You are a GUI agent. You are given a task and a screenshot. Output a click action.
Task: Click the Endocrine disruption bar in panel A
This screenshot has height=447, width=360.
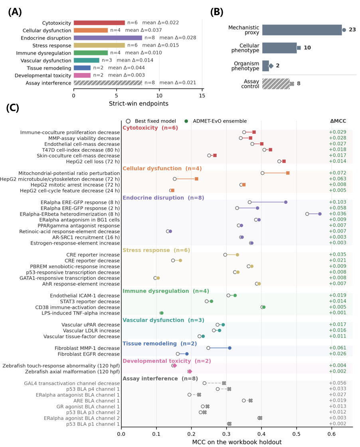[108, 38]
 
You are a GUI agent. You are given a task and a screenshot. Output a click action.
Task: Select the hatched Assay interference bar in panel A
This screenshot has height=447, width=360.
[108, 83]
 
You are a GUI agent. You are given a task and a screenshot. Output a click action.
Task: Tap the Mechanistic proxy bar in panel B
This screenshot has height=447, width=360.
[302, 30]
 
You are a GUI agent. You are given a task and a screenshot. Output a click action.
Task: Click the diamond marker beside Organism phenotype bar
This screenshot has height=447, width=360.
[271, 66]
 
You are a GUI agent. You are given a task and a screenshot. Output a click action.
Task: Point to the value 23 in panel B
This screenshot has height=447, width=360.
[352, 30]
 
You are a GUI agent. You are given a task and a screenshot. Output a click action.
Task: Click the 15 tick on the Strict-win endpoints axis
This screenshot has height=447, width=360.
[202, 96]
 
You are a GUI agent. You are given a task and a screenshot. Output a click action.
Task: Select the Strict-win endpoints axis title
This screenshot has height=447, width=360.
[139, 103]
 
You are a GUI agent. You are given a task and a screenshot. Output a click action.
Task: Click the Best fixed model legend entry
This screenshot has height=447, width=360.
[151, 121]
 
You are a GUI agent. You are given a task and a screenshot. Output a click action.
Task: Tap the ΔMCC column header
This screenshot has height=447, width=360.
[338, 121]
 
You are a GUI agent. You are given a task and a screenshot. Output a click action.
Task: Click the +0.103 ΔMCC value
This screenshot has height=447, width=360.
[338, 202]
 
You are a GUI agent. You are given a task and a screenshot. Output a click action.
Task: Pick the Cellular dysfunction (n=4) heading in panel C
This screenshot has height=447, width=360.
[162, 169]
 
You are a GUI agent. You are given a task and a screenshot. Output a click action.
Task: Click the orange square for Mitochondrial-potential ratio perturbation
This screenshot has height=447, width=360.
[288, 173]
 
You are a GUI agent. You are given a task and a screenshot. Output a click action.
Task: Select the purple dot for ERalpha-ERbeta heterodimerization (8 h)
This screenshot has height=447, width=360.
[320, 214]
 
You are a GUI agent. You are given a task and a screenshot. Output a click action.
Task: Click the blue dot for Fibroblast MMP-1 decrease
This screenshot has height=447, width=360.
[230, 348]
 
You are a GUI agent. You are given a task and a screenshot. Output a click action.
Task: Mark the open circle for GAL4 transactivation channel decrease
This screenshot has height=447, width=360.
[204, 383]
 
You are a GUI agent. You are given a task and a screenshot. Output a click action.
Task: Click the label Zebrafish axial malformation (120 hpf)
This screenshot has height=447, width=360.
[72, 372]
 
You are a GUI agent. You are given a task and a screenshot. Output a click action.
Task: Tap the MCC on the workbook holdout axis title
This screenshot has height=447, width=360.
[237, 442]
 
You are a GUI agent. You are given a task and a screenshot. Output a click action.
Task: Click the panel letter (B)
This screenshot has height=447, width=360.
[217, 12]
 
